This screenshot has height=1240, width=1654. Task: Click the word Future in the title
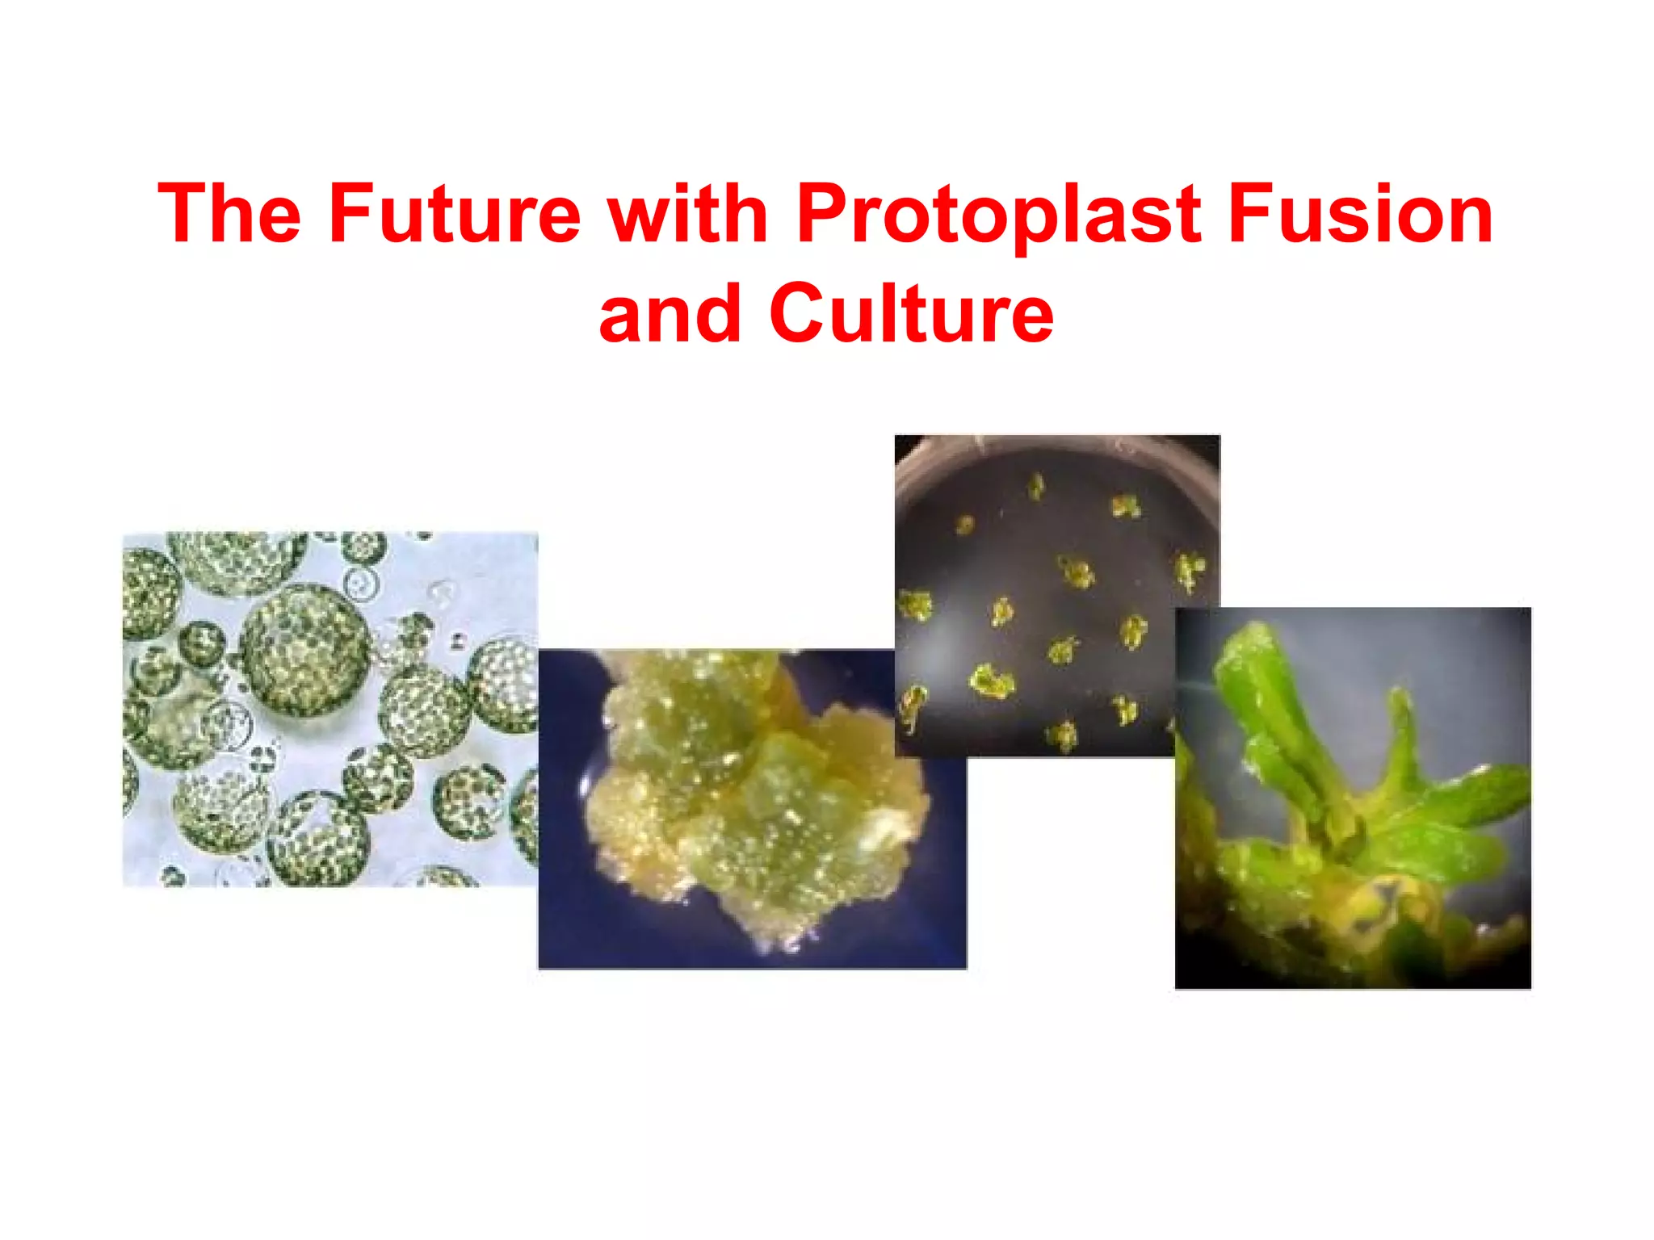click(x=454, y=214)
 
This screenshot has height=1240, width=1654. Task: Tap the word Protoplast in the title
click(x=998, y=214)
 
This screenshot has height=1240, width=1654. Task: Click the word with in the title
click(x=687, y=214)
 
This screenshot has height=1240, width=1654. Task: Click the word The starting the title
click(x=229, y=214)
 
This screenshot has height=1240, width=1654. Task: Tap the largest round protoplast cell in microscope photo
click(x=305, y=650)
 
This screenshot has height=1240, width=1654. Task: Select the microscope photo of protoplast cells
click(x=330, y=709)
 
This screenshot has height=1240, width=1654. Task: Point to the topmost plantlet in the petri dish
click(x=1036, y=487)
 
